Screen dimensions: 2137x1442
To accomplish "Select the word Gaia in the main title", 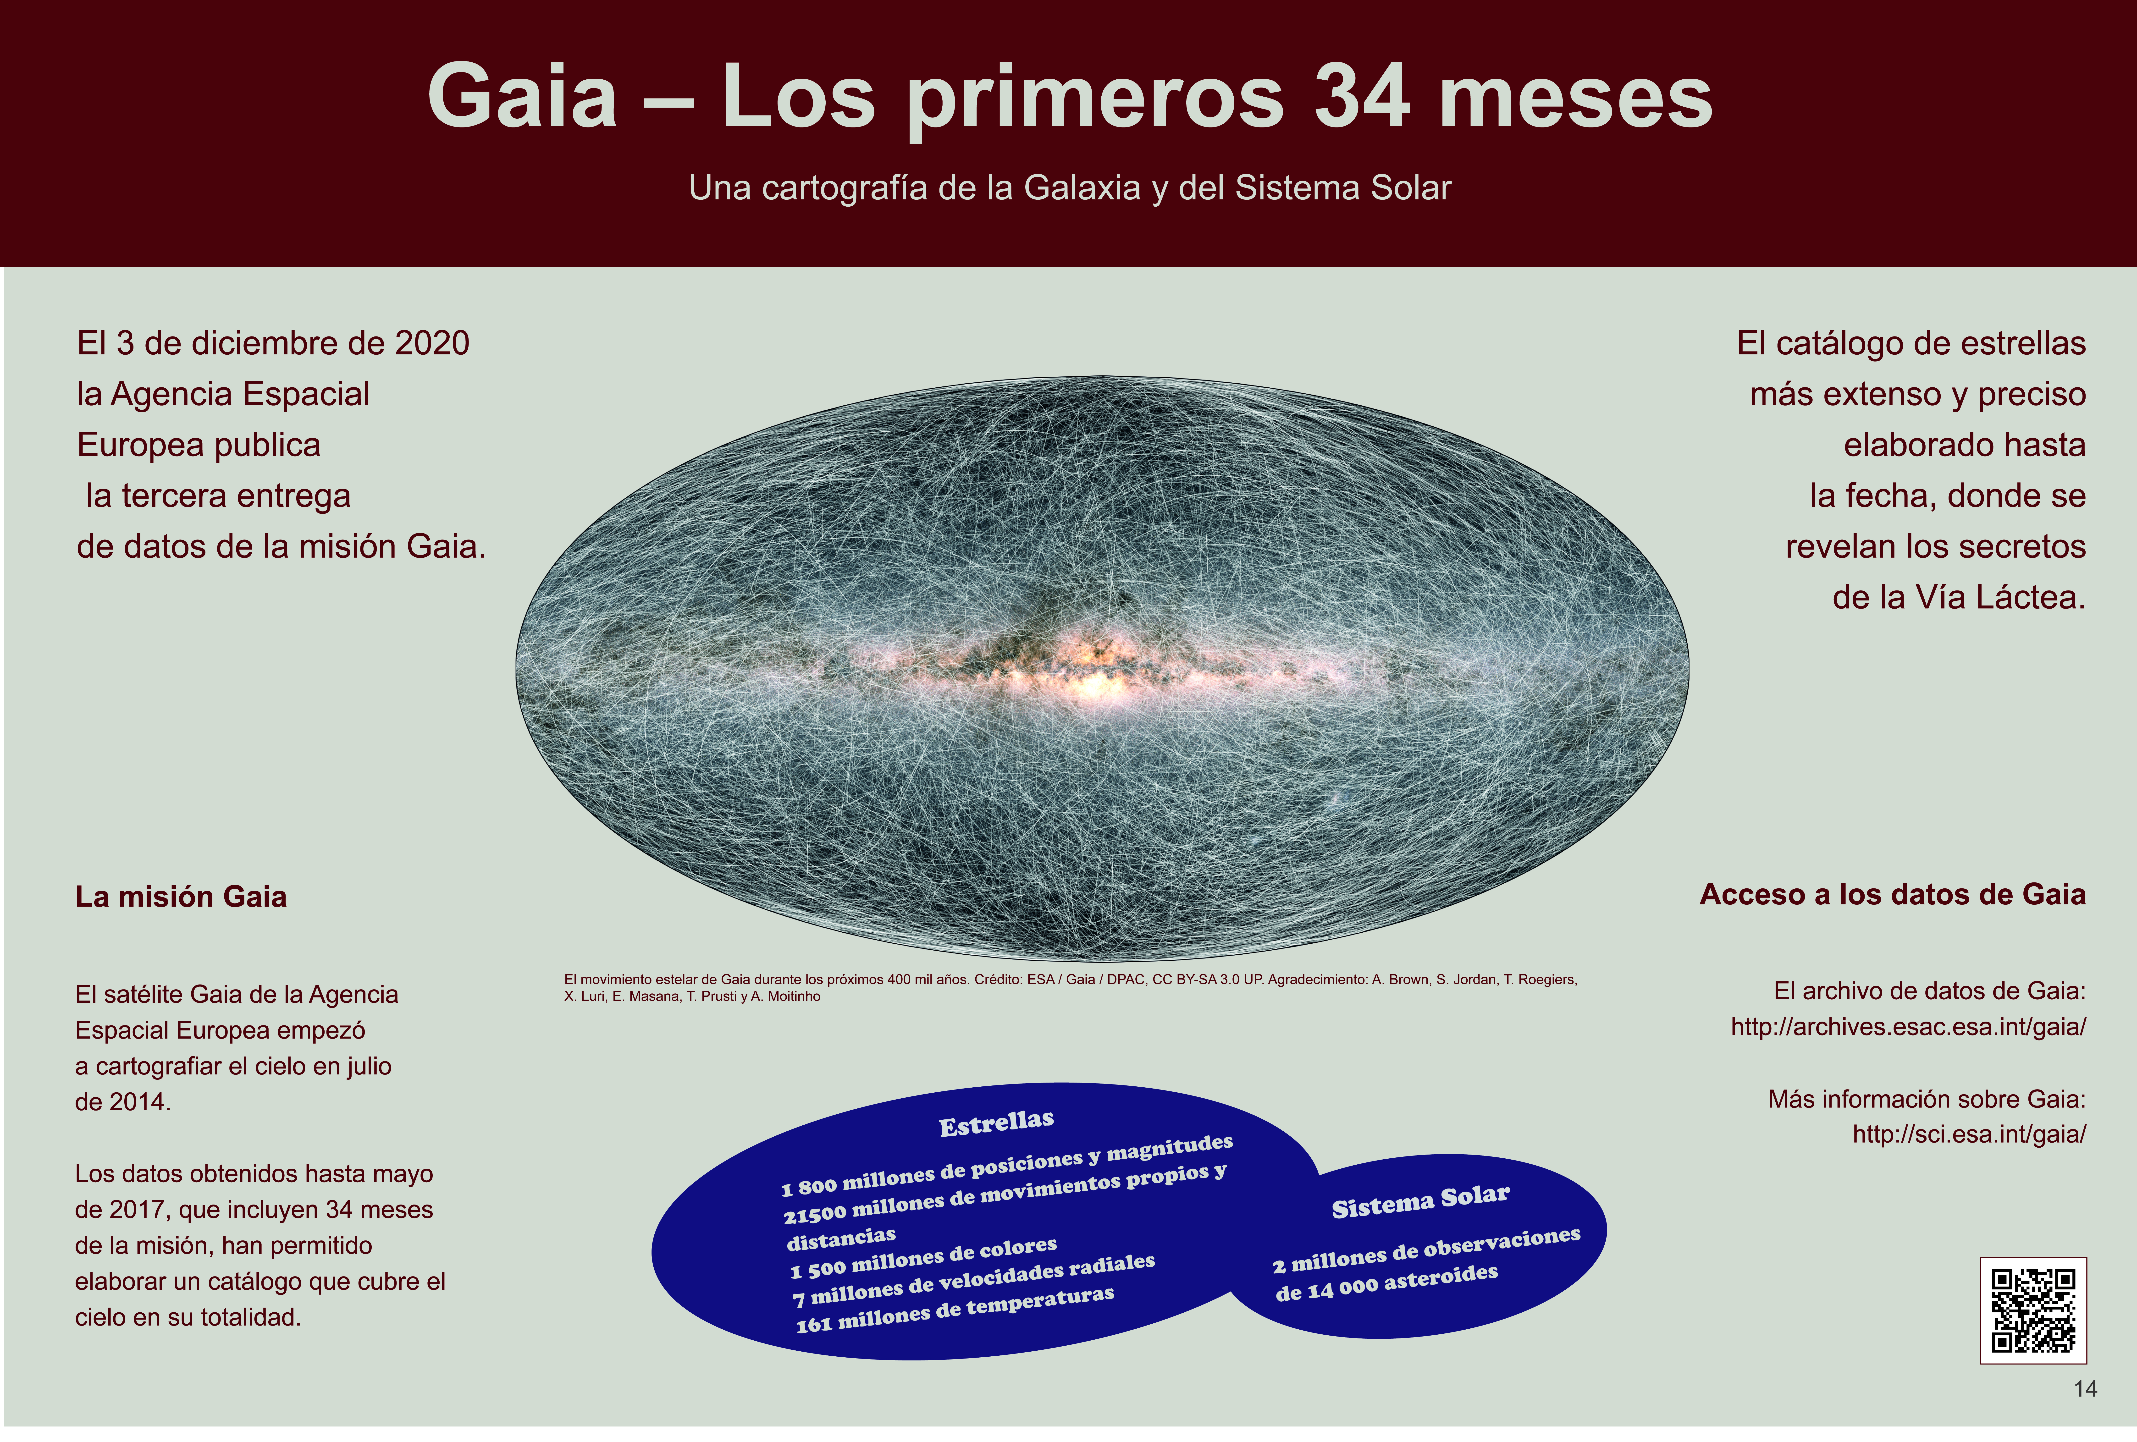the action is coord(521,97).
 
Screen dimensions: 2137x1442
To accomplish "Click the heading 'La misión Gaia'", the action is coord(181,897).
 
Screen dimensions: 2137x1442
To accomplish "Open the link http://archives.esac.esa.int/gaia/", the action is coord(1908,1027).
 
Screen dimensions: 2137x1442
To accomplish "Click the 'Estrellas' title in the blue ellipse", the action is coord(997,1123).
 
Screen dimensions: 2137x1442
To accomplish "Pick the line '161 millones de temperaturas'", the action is coord(955,1310).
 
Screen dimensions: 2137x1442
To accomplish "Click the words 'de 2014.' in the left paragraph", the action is coord(123,1102).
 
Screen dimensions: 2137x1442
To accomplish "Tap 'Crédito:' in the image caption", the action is coord(998,980).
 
